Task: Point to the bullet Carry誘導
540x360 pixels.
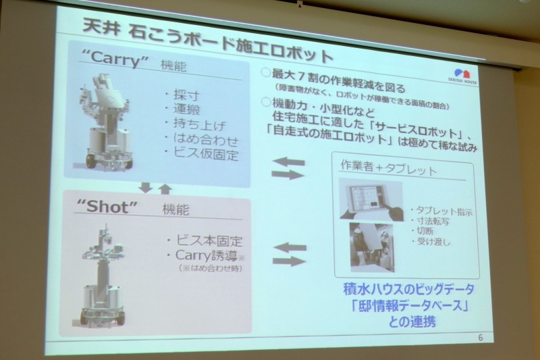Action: pyautogui.click(x=205, y=255)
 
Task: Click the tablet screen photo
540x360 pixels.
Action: pyautogui.click(x=366, y=200)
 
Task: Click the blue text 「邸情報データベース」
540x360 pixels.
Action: pyautogui.click(x=402, y=304)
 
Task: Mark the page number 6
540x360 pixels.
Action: pyautogui.click(x=480, y=336)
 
